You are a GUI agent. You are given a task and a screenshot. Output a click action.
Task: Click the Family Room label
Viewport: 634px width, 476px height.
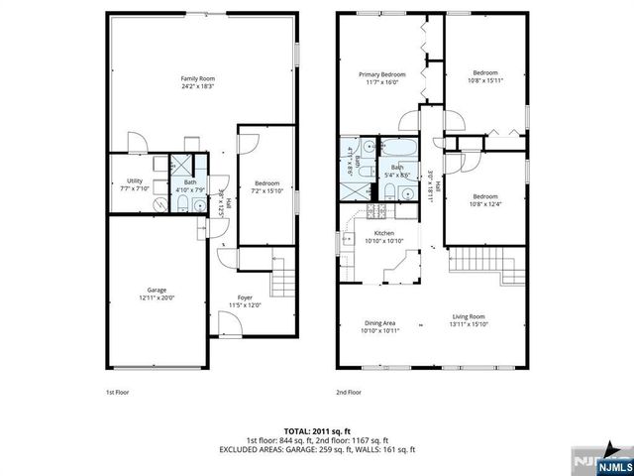(x=198, y=78)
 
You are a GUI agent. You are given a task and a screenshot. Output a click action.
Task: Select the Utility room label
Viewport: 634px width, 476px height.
(x=135, y=180)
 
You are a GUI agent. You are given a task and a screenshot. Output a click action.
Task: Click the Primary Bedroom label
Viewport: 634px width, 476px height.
(x=381, y=74)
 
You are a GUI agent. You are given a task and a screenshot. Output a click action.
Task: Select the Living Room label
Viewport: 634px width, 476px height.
(x=469, y=317)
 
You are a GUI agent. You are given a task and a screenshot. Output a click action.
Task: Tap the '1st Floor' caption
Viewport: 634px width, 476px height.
(x=118, y=392)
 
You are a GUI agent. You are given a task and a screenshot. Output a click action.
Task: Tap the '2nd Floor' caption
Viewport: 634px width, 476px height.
(x=348, y=392)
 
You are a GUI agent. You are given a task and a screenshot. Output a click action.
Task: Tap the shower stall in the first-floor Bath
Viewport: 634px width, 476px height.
(x=184, y=164)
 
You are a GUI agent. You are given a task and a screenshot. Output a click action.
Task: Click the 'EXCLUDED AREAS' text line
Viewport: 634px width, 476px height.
(x=317, y=449)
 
